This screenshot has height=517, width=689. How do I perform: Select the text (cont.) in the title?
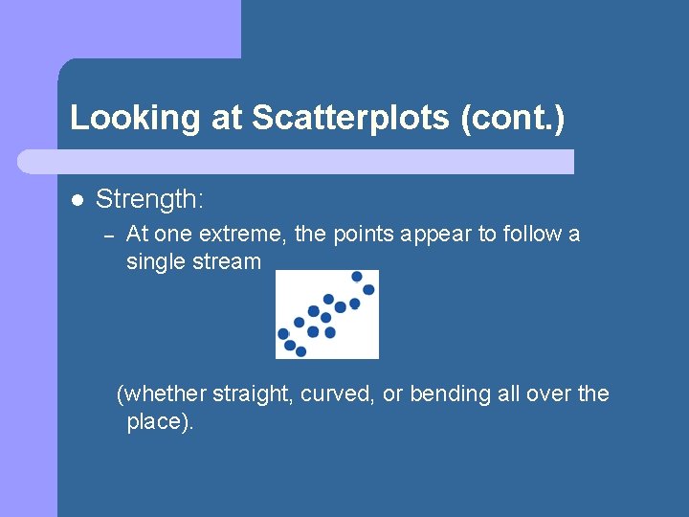(x=513, y=118)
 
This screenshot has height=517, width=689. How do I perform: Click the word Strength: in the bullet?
(x=150, y=200)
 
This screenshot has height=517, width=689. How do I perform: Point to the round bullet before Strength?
(x=77, y=201)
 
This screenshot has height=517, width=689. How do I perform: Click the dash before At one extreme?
(x=109, y=236)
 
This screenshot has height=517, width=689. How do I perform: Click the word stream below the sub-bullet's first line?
(x=228, y=261)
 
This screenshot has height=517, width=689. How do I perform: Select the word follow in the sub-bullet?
(x=530, y=234)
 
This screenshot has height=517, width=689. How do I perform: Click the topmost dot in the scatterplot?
(x=357, y=277)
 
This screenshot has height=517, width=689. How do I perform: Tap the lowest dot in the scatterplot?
(x=300, y=351)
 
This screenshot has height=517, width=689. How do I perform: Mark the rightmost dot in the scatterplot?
(x=368, y=289)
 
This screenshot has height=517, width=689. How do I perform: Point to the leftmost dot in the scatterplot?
(x=283, y=334)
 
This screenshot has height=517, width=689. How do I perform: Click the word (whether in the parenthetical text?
(x=160, y=393)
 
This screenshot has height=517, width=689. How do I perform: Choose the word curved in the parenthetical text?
(x=338, y=393)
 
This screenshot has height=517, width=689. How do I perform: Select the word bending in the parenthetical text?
(x=450, y=393)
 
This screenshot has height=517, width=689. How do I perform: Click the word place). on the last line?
(x=160, y=422)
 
